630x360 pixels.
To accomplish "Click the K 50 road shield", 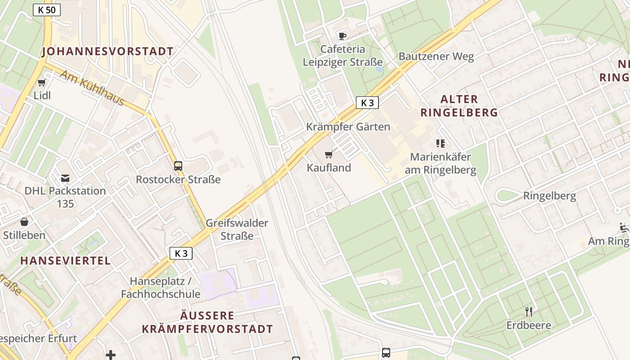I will click(47, 10).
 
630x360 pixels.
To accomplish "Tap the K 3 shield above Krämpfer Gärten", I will click(367, 103).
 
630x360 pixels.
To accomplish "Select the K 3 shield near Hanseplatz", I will click(181, 253).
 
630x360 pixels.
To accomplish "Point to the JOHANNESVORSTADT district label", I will click(108, 52).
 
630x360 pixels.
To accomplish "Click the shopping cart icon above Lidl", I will click(42, 82).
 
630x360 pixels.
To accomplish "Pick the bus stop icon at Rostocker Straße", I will click(178, 166).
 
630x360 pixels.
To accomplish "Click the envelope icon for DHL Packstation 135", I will click(65, 178).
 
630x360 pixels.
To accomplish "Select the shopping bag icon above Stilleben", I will click(24, 222).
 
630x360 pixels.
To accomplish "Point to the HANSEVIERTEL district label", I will click(66, 261).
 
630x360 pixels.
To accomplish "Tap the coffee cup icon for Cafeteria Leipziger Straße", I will click(342, 36).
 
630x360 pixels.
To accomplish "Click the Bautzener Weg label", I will click(436, 57).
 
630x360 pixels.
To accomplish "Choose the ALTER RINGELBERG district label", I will click(459, 106).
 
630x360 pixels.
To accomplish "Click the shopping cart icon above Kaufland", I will click(329, 155).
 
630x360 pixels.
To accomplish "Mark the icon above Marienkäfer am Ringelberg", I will click(441, 144).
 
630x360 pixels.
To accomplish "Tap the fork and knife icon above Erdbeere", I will click(529, 311).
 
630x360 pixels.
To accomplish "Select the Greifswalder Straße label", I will click(237, 229).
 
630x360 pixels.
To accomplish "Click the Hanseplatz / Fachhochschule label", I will click(161, 288).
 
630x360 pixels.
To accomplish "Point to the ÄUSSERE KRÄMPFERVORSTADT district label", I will click(207, 322).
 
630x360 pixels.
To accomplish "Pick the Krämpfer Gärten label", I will click(348, 127).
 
